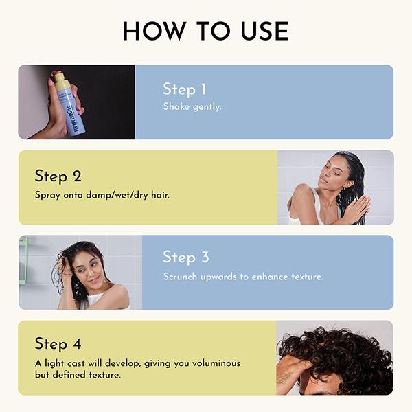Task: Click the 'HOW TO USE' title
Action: pos(205,31)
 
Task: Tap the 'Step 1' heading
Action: pos(184,89)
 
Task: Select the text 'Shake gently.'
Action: pos(192,107)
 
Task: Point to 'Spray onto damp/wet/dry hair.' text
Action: pos(102,195)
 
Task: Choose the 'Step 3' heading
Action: pos(185,257)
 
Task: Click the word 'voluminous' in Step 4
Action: pos(215,363)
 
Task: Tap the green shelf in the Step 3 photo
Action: pos(23,261)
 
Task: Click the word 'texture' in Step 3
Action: pos(306,277)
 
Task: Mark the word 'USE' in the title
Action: pos(261,31)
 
